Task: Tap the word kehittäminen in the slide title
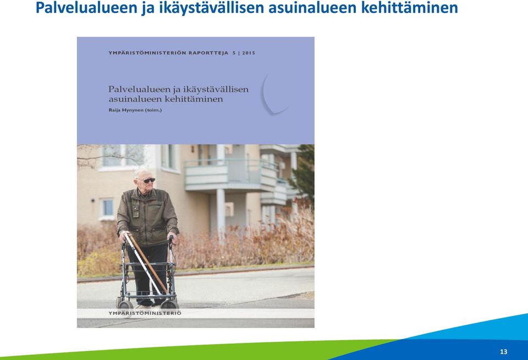click(x=409, y=8)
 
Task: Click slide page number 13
click(x=503, y=352)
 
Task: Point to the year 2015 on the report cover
click(x=249, y=53)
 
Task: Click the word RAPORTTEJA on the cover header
click(x=208, y=53)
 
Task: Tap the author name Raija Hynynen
click(x=126, y=110)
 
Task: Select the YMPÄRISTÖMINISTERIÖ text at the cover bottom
click(x=145, y=313)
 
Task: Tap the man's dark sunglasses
click(x=148, y=181)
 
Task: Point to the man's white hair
click(x=141, y=172)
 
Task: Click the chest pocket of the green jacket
click(x=135, y=209)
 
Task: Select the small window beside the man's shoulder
click(x=107, y=208)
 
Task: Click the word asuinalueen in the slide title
click(x=312, y=8)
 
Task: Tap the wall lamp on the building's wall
click(x=92, y=200)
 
